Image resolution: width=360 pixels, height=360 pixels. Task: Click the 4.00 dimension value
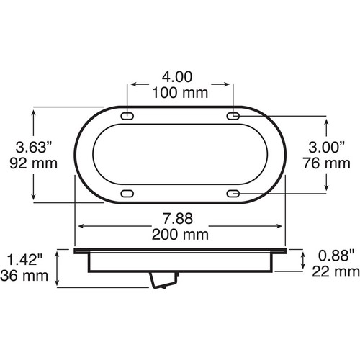pos(177,77)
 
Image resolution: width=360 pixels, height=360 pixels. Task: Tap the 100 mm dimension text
pos(180,93)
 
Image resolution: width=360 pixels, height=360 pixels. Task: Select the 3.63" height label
pos(34,147)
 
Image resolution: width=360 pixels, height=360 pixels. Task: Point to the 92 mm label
pos(34,163)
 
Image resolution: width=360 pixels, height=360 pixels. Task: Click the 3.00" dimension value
pos(327,147)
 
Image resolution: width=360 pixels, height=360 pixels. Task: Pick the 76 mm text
pos(326,163)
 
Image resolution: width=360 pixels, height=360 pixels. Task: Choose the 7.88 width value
pos(178,219)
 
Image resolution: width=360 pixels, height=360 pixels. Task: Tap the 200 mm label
pos(180,235)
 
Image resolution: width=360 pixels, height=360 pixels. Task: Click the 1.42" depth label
pos(24,260)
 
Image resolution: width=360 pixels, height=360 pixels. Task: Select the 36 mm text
pos(24,276)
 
